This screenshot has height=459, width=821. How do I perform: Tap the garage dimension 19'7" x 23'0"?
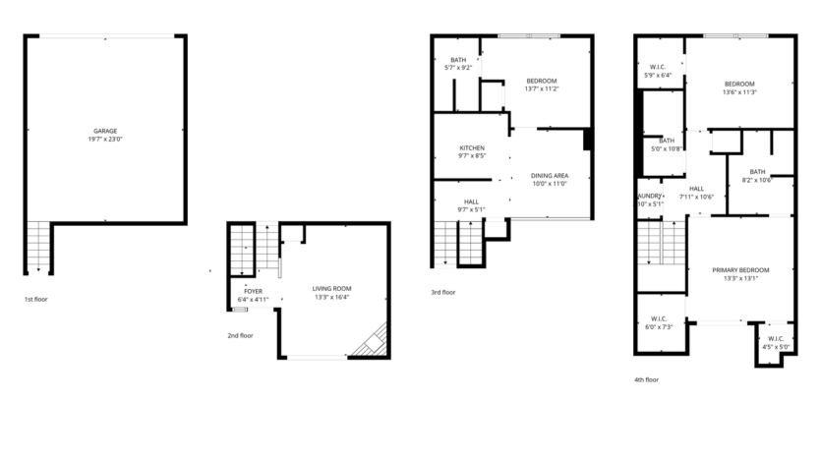point(105,140)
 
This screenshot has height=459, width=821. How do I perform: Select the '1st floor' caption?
point(36,299)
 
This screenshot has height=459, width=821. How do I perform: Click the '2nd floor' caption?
point(240,335)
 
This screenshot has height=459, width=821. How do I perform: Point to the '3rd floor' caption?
point(442,292)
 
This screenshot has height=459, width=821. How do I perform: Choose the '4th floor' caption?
point(646,379)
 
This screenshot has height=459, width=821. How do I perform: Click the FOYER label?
point(253,291)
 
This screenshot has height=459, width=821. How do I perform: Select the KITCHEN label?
point(472,147)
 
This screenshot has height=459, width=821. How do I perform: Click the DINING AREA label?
point(551,176)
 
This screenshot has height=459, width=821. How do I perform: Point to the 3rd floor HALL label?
point(472,202)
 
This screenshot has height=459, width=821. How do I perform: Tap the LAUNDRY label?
point(650,196)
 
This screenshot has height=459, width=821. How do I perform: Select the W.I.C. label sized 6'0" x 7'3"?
point(659,318)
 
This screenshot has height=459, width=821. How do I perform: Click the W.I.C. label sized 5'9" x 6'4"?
point(659,67)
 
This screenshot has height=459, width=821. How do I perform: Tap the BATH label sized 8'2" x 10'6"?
point(757,171)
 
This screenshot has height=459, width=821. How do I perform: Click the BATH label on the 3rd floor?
point(458,60)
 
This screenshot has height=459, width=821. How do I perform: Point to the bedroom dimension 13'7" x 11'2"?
point(542,88)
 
